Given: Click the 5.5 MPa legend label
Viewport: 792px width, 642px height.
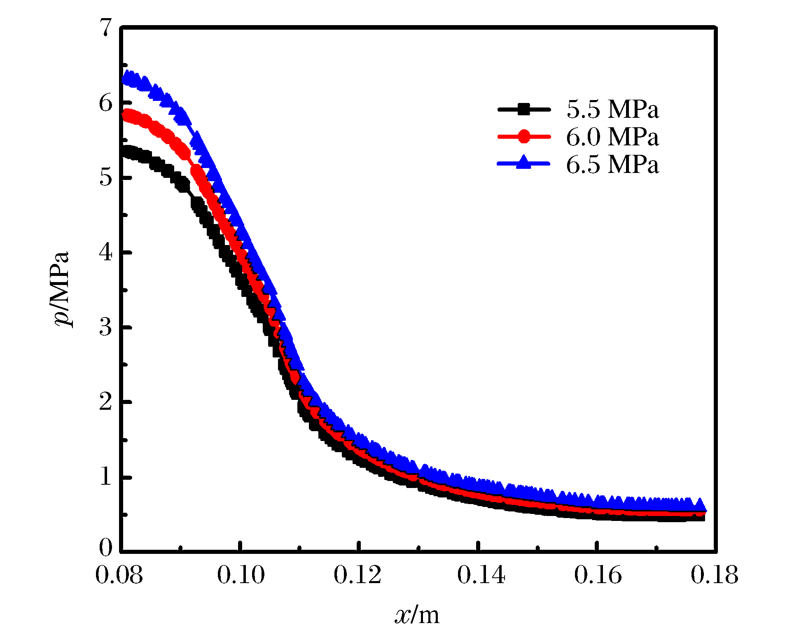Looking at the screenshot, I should tap(612, 110).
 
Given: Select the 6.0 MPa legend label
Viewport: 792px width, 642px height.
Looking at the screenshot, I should tap(612, 137).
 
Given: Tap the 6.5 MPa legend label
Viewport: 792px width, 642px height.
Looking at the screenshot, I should tap(612, 164).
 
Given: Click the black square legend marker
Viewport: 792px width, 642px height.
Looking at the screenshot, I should tap(524, 110).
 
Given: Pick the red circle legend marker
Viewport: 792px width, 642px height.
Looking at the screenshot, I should tap(524, 137).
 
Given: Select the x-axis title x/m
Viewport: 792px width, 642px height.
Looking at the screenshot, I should tap(417, 615).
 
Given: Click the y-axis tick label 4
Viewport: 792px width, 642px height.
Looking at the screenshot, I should tap(105, 252).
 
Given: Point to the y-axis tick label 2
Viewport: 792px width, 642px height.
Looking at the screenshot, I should tap(105, 402).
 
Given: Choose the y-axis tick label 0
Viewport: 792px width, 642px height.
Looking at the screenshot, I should tap(105, 548).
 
